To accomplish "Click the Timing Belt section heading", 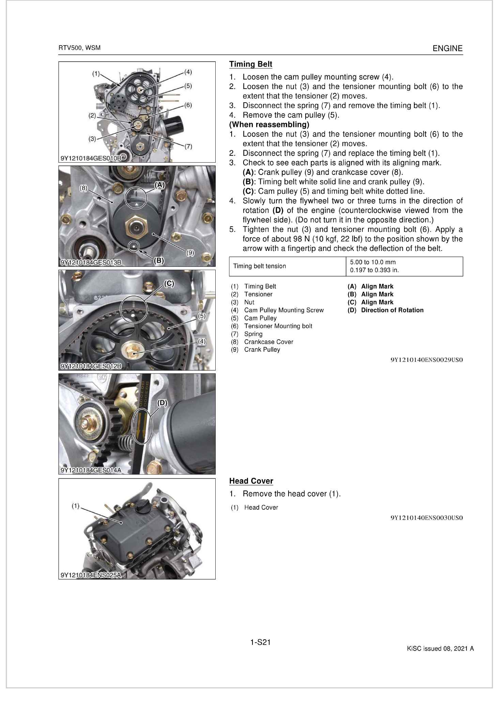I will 250,64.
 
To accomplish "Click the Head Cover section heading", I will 251,481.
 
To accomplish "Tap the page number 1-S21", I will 260,642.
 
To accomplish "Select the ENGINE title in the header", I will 447,48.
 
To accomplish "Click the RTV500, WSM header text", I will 79,48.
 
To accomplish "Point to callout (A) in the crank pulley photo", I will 159,185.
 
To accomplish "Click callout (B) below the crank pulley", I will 159,260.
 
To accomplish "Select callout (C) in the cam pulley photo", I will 169,284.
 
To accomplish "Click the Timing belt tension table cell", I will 260,266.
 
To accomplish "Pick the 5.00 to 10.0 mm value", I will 373,262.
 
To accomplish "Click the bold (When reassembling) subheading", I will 269,124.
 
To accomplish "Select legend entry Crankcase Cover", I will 268,342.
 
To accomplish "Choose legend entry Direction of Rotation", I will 392,310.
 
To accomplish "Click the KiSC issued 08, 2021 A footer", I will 440,648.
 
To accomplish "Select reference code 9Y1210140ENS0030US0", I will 427,518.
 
